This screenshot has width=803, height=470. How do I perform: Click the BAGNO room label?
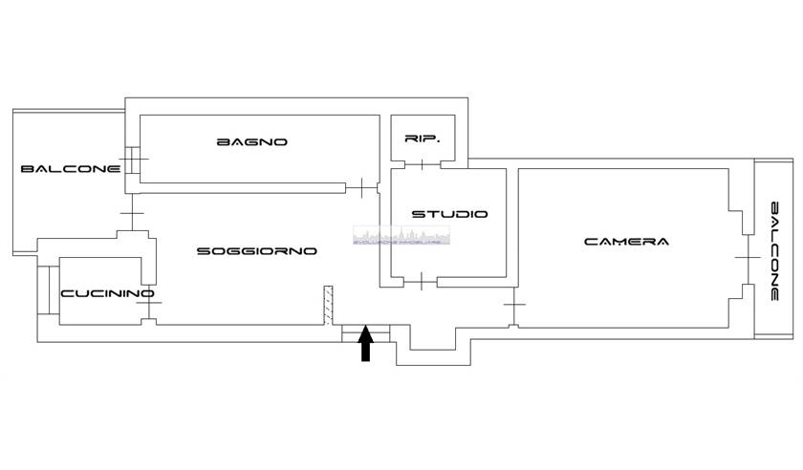click(252, 142)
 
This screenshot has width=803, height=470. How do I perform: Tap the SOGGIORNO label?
click(256, 251)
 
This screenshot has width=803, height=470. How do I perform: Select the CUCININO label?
click(107, 293)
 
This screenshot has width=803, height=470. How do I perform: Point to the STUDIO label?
click(449, 214)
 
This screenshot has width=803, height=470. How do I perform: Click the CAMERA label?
click(626, 242)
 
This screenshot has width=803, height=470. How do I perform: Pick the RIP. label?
click(422, 139)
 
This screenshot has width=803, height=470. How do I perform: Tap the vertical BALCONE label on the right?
click(775, 251)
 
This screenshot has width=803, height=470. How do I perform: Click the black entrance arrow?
click(365, 345)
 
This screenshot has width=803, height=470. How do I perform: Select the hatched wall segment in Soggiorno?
click(327, 304)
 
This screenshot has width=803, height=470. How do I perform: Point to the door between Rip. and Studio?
click(423, 165)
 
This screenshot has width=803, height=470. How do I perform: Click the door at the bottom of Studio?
click(422, 281)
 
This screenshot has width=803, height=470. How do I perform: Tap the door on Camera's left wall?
click(514, 305)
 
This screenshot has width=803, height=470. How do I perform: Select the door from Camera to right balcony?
click(743, 259)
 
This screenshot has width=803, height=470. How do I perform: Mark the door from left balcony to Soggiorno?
click(132, 212)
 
